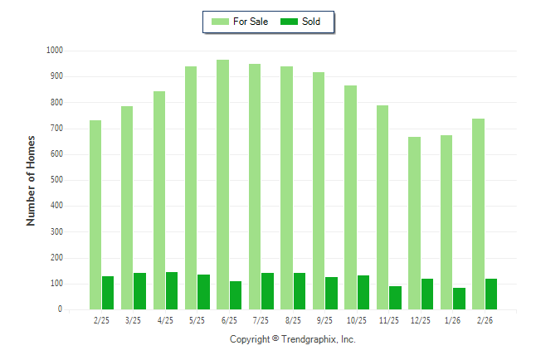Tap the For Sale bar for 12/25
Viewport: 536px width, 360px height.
(414, 223)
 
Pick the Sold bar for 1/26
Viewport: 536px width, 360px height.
(460, 299)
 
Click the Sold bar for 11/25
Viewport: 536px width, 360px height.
(395, 298)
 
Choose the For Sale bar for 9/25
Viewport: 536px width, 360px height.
(319, 191)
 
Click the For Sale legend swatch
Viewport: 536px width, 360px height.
(221, 22)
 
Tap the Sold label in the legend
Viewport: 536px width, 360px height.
(311, 22)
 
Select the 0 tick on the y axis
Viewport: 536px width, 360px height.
(60, 309)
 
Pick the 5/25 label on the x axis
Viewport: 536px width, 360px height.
(197, 321)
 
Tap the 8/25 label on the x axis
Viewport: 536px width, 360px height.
(293, 321)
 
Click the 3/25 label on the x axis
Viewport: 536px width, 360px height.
(134, 321)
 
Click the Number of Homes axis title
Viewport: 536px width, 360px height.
(31, 180)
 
